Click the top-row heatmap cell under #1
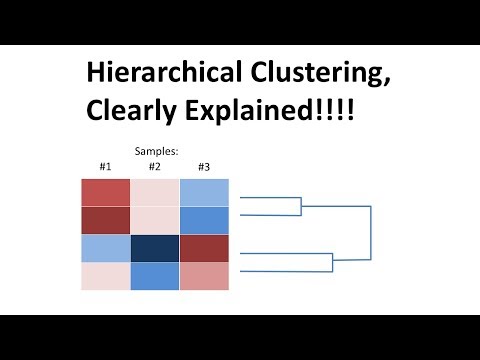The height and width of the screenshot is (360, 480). pyautogui.click(x=105, y=191)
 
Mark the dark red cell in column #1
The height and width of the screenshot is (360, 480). pyautogui.click(x=105, y=220)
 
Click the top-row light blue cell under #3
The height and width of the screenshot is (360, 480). pyautogui.click(x=204, y=191)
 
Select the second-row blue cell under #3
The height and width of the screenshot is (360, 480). pyautogui.click(x=204, y=220)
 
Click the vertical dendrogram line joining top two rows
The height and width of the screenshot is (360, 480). pyautogui.click(x=301, y=207)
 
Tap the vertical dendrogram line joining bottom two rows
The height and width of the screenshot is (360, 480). pyautogui.click(x=332, y=262)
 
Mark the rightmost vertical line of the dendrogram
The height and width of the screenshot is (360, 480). pyautogui.click(x=371, y=234)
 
